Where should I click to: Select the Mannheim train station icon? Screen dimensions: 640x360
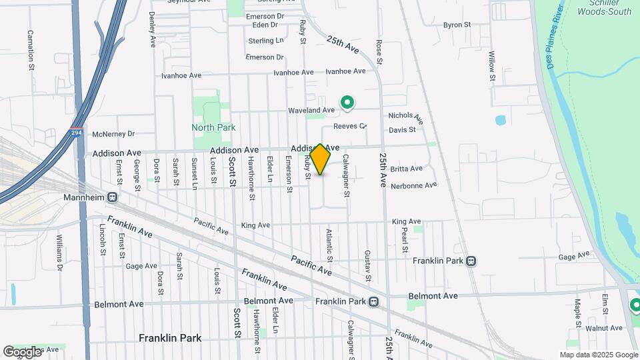pos(112,197)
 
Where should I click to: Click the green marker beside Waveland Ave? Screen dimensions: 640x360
pos(347,102)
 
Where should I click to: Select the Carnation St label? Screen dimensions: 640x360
pos(31,49)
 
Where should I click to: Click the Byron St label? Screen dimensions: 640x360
pos(457,25)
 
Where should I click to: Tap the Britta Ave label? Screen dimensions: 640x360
pos(407,169)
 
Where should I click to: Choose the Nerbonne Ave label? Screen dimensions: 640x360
pos(413,185)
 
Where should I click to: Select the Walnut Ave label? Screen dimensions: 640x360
pos(603,328)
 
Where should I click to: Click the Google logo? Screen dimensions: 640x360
pos(22,352)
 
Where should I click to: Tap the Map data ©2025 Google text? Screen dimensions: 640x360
pos(598,355)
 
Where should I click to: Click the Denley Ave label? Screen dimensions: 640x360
pos(152,29)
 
